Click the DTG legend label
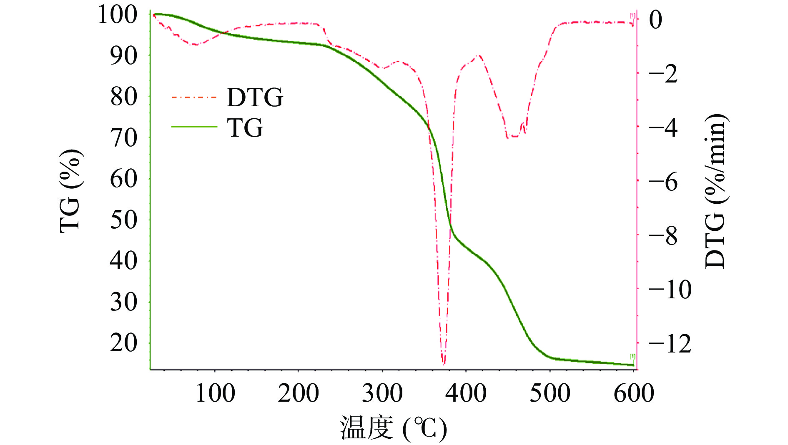(x=255, y=97)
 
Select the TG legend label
(x=245, y=127)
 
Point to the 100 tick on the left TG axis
(x=117, y=15)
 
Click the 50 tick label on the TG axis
(x=123, y=220)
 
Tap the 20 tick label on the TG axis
(x=123, y=343)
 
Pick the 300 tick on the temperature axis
(x=382, y=393)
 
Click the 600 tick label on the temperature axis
(x=633, y=393)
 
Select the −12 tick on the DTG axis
(x=670, y=344)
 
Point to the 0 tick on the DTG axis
(x=656, y=20)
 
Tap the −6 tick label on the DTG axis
(x=663, y=182)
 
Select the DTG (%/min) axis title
(x=715, y=191)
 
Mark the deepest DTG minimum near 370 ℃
(x=443, y=364)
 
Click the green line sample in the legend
(x=194, y=127)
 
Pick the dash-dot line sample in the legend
(x=194, y=97)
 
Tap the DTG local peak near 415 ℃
(x=479, y=55)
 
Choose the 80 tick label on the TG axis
(x=123, y=97)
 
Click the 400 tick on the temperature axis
(x=466, y=393)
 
